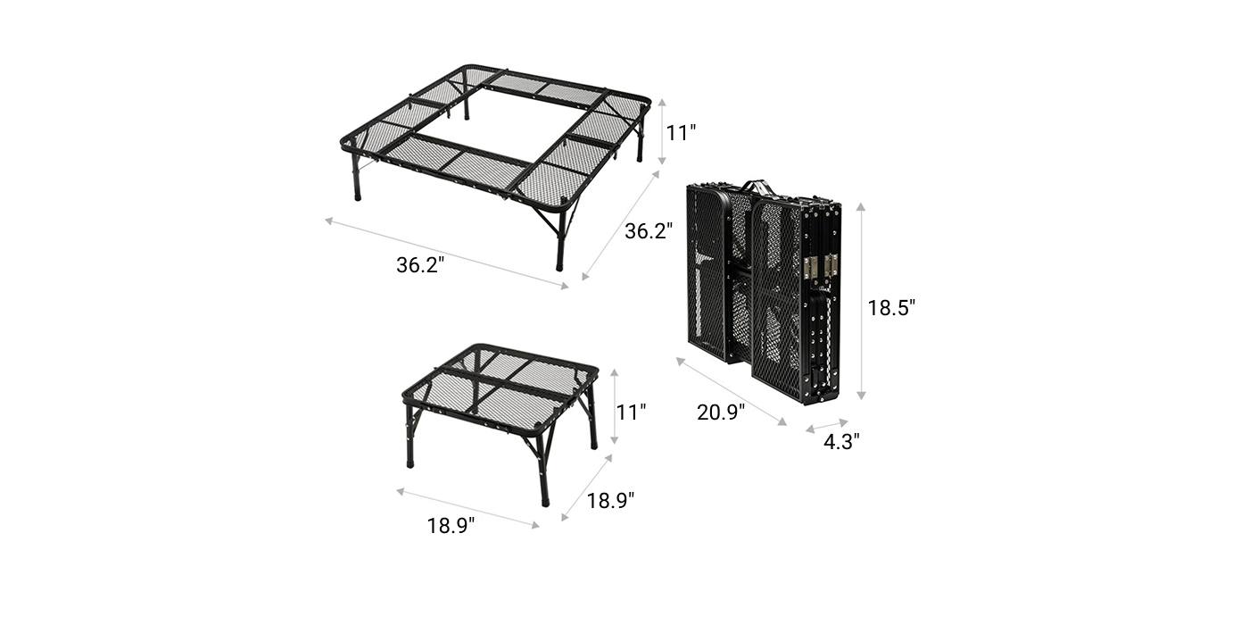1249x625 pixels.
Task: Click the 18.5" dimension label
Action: (891, 307)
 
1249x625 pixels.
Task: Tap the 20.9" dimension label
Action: (721, 412)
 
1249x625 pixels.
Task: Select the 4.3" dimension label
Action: (841, 442)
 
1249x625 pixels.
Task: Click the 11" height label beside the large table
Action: (682, 133)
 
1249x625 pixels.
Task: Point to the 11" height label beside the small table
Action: (631, 412)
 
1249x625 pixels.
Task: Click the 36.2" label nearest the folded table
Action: (649, 231)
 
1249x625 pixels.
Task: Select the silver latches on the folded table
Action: (821, 266)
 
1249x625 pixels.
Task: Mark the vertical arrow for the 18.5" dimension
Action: (861, 302)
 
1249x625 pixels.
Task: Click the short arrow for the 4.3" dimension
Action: (827, 426)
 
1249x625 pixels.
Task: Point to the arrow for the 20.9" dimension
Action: (732, 392)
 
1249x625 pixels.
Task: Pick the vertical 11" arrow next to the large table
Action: (662, 132)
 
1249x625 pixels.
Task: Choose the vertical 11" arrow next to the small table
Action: (615, 407)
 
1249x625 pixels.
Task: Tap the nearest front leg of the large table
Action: (560, 240)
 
